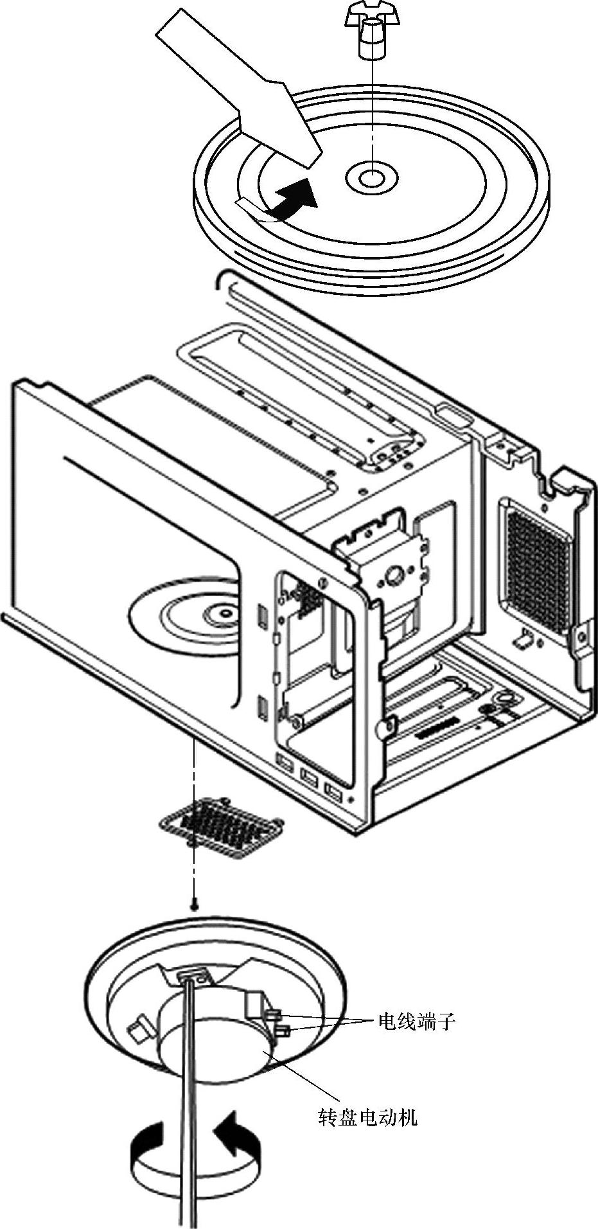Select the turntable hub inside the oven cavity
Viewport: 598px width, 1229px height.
click(x=222, y=613)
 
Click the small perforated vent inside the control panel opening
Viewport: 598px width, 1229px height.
click(x=310, y=597)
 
